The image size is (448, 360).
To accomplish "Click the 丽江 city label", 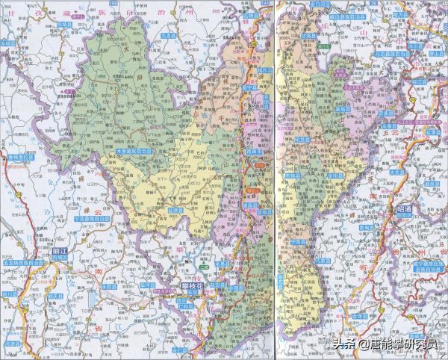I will (x=61, y=251).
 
